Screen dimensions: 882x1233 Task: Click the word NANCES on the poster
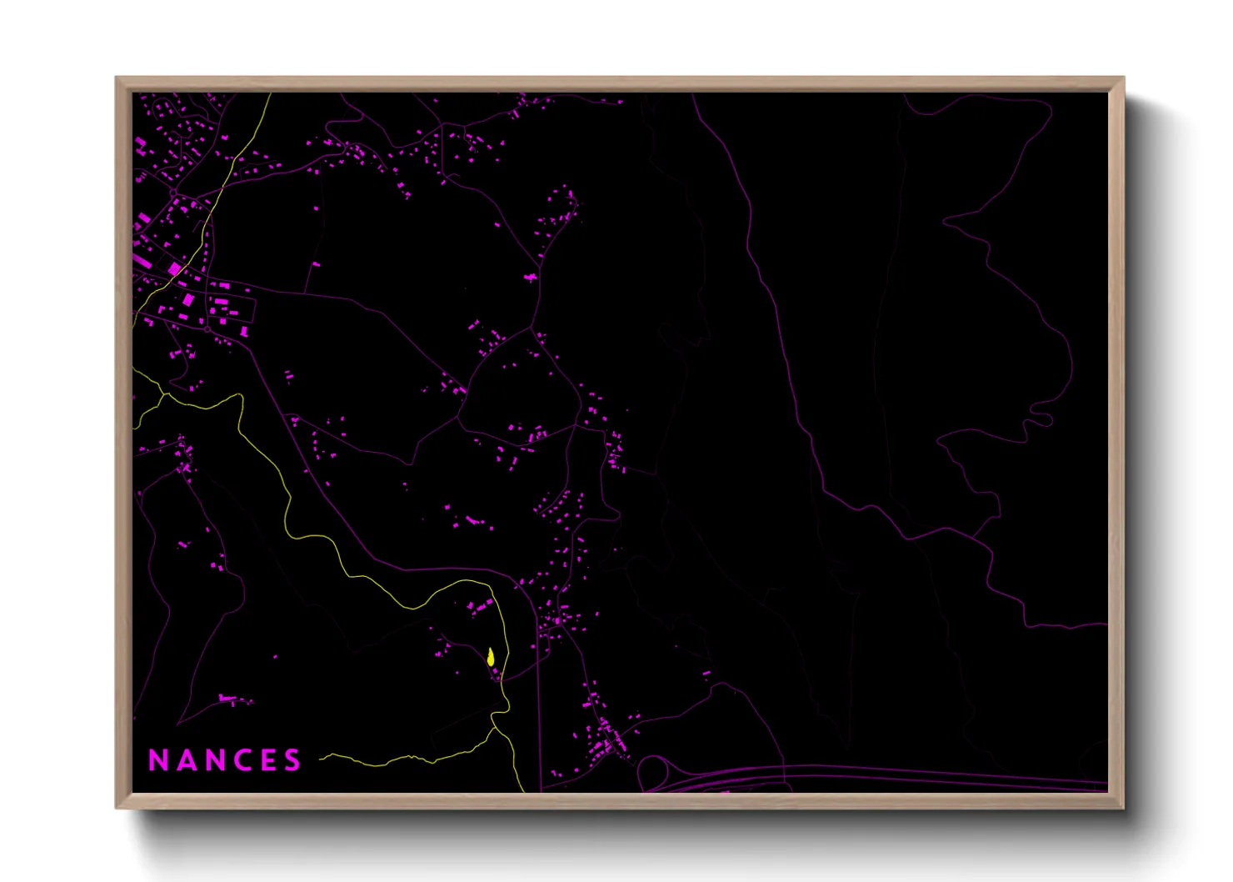pos(224,759)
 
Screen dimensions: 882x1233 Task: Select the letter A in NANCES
pos(184,759)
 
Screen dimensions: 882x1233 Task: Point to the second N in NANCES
pos(212,759)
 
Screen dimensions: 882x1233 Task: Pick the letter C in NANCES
pos(239,759)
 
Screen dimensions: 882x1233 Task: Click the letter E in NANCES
pos(266,759)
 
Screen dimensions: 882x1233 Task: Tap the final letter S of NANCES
pos(292,759)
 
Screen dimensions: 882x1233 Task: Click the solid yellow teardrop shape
pos(492,657)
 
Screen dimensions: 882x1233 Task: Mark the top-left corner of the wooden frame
pos(117,78)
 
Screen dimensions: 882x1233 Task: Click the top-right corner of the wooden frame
pos(1123,78)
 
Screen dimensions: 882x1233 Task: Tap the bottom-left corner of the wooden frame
pos(117,807)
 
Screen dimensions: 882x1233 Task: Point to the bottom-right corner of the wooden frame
pos(1123,807)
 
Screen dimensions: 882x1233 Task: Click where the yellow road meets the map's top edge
pos(271,94)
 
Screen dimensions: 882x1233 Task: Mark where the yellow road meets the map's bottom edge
pos(524,790)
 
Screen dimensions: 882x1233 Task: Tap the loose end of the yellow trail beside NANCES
pos(321,759)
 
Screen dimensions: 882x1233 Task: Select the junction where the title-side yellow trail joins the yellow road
pos(495,728)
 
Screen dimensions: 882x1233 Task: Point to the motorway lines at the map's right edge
pos(1106,785)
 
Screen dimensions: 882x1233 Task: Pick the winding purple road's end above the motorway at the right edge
pos(1106,623)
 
